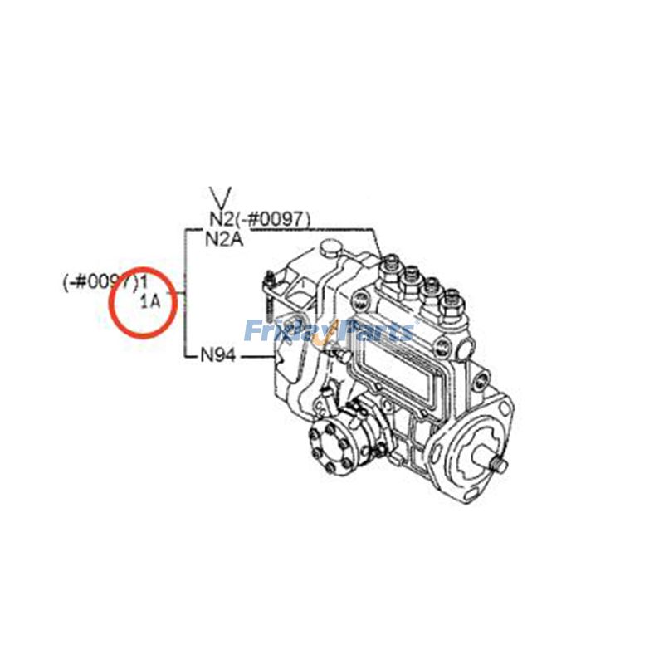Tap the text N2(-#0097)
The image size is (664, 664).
(259, 219)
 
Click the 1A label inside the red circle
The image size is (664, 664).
(150, 301)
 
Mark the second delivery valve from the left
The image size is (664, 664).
(411, 280)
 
